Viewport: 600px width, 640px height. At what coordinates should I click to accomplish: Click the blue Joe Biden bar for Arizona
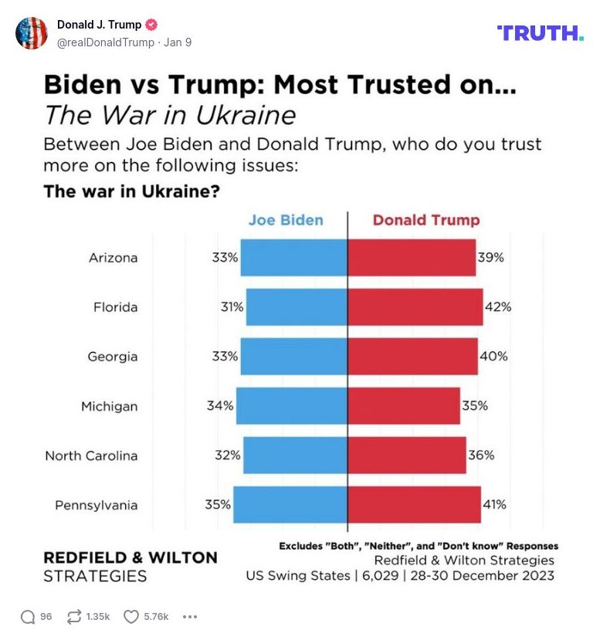(293, 258)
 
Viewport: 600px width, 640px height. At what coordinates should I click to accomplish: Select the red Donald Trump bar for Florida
(415, 307)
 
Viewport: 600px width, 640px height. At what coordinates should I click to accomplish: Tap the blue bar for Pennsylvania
(290, 505)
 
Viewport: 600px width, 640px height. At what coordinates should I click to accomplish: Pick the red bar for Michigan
(403, 406)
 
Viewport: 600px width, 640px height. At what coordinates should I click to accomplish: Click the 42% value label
(498, 307)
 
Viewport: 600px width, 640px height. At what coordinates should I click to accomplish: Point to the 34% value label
(220, 406)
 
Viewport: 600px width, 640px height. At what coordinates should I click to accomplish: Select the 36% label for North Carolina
(481, 455)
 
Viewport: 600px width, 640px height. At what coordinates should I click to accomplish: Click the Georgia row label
(113, 357)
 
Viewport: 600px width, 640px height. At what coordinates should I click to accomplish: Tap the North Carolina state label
(91, 455)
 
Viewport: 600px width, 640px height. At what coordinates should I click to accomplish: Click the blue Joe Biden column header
(286, 220)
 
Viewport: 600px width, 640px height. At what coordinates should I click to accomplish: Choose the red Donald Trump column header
(426, 220)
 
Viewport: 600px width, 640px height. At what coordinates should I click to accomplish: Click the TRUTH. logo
(540, 32)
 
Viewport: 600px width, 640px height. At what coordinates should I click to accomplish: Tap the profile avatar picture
(32, 33)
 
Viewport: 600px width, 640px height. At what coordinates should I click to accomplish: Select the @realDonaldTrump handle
(106, 42)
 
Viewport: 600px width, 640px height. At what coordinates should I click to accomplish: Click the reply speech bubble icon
(28, 617)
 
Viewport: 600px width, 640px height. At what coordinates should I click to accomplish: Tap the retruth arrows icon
(75, 617)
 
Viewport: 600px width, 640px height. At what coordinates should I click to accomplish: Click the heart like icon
(131, 617)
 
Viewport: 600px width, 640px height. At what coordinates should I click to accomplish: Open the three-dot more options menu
(189, 617)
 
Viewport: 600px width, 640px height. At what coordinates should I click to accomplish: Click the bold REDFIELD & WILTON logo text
(130, 557)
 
